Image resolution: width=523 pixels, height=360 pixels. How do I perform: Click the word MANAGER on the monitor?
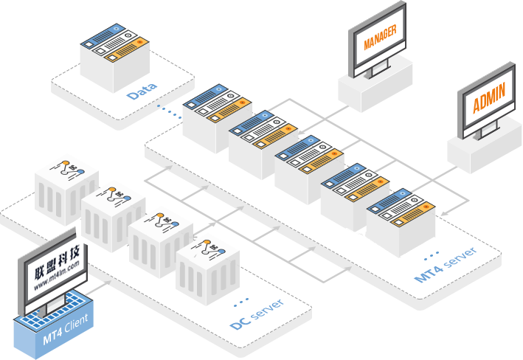380,37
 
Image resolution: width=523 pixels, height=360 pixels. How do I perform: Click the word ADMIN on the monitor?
489,97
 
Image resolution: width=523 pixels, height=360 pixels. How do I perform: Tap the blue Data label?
142,91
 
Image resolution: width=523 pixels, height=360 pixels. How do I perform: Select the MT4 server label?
446,265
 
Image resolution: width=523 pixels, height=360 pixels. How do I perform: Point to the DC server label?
257,314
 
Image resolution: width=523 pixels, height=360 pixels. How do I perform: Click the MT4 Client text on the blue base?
66,329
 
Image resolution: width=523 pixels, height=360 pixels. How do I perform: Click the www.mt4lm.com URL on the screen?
56,275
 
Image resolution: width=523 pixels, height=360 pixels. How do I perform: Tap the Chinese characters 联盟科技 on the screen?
57,261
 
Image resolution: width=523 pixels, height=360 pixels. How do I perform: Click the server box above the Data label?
114,58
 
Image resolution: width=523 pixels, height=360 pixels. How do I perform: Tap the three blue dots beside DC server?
240,302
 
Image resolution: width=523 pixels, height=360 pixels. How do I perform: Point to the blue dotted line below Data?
169,112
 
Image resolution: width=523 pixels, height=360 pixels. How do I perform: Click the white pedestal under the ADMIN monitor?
485,148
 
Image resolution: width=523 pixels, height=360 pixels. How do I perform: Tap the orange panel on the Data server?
126,49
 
